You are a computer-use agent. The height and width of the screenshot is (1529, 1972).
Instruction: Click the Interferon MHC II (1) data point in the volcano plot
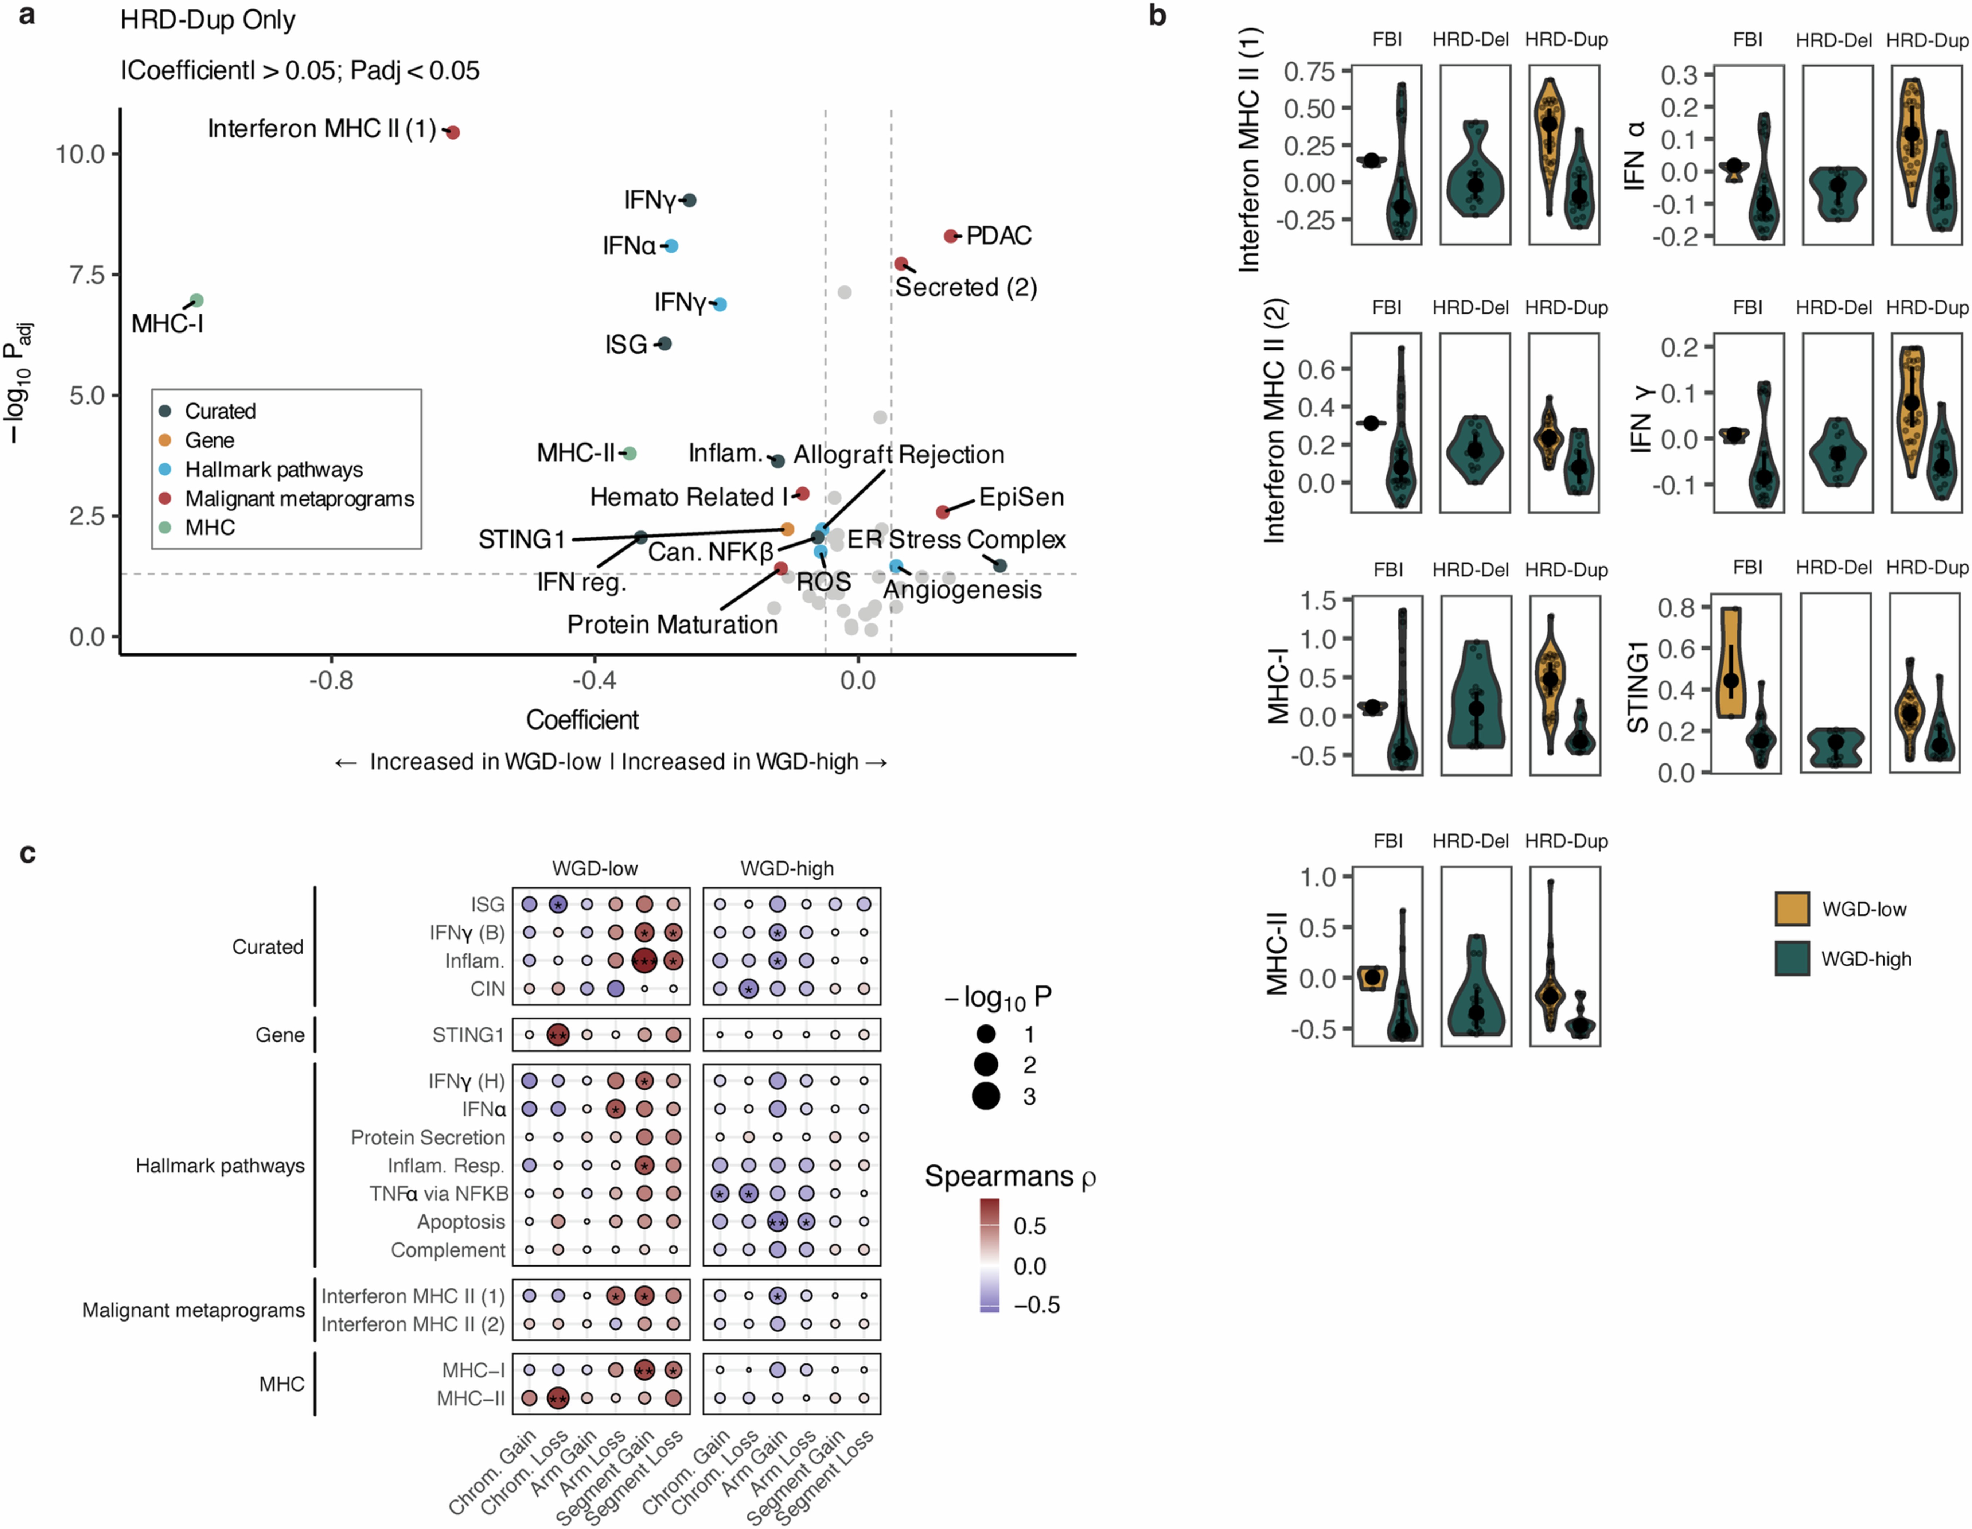coord(453,132)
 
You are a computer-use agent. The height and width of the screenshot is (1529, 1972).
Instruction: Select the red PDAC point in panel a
coord(950,236)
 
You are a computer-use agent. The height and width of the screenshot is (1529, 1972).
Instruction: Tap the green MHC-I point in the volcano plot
coord(197,300)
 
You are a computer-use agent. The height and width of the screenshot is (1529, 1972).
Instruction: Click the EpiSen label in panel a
coord(1021,497)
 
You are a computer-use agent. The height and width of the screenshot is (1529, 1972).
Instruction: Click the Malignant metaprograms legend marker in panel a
coord(165,498)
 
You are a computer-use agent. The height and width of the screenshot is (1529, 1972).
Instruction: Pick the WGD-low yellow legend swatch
coord(1792,909)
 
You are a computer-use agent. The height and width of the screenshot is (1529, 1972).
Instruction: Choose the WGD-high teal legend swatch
coord(1792,958)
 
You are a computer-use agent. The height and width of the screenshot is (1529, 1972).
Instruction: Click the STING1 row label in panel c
coord(468,1034)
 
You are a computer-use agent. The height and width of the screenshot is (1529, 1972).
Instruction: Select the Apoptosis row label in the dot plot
coord(460,1222)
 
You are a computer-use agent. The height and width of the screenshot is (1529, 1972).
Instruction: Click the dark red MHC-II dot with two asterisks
coord(558,1398)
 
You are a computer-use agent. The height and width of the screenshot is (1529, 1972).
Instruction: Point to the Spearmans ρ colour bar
coord(990,1255)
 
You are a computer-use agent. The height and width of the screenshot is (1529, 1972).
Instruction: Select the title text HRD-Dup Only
coord(208,20)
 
